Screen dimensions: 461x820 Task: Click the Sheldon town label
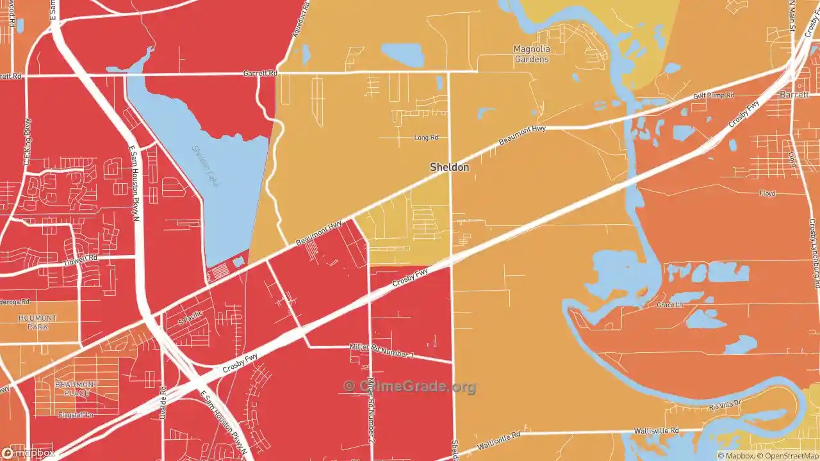(449, 167)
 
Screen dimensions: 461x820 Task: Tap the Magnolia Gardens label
(532, 54)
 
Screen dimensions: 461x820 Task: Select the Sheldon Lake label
(206, 166)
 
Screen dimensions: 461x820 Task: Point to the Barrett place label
(794, 94)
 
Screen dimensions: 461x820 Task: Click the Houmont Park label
(38, 322)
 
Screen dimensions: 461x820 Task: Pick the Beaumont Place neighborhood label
(76, 389)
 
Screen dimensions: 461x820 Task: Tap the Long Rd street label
(426, 138)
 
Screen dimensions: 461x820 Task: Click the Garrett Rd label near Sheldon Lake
(260, 74)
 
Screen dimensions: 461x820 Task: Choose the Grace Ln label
(669, 305)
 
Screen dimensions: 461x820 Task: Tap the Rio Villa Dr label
(725, 404)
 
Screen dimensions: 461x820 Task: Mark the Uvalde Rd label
(163, 400)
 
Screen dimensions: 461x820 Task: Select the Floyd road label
(767, 193)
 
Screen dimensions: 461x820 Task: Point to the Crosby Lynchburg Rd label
(814, 253)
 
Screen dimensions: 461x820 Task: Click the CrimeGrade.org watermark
(410, 386)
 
